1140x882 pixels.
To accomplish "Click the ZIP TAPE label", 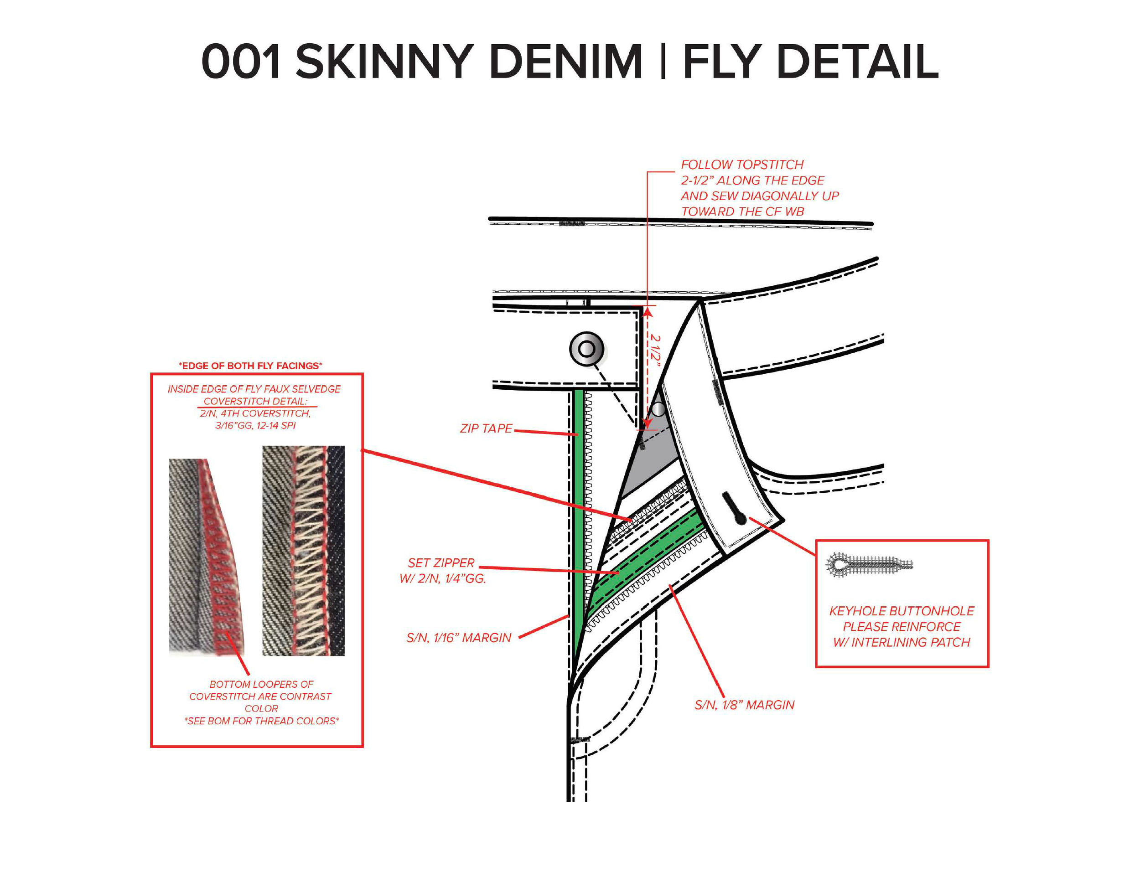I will tap(486, 428).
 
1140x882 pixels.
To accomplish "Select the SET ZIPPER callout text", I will tap(441, 563).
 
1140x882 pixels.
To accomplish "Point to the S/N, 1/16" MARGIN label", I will tap(459, 638).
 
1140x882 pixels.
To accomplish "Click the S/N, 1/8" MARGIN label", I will tap(744, 705).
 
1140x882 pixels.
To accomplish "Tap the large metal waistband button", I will tap(587, 349).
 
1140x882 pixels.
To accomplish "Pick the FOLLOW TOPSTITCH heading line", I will tap(742, 165).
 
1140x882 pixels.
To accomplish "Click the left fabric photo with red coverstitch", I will tap(206, 556).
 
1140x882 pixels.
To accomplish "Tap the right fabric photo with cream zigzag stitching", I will tap(303, 551).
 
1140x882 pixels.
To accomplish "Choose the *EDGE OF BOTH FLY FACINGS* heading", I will tap(250, 366).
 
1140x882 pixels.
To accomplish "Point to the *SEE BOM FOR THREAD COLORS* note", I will tap(261, 721).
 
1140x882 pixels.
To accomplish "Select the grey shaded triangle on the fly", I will tap(653, 459).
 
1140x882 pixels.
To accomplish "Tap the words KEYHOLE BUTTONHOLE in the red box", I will tap(902, 611).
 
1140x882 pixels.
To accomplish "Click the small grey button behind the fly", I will tap(659, 409).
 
